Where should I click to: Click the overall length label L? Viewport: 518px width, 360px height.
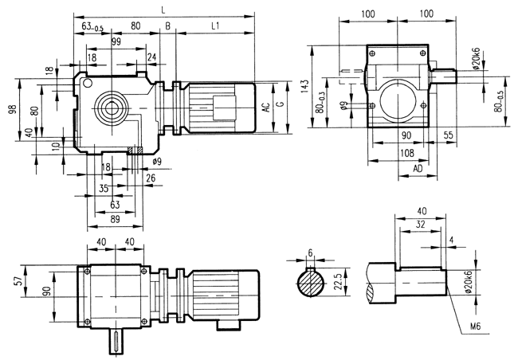(x=163, y=9)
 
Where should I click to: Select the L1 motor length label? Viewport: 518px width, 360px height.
(x=215, y=26)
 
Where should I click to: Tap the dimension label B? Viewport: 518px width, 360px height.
(x=167, y=26)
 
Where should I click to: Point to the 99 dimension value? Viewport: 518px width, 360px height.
(x=116, y=41)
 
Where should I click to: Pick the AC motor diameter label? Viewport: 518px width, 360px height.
(x=265, y=105)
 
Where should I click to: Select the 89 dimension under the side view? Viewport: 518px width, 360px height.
(x=115, y=219)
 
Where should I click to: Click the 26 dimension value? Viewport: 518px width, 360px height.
(x=151, y=177)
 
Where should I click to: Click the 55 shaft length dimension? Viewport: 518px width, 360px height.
(x=448, y=136)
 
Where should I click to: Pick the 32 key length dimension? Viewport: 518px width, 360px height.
(x=418, y=225)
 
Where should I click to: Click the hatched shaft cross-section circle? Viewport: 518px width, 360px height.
(x=311, y=285)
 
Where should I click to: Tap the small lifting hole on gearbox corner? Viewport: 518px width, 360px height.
(x=87, y=81)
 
